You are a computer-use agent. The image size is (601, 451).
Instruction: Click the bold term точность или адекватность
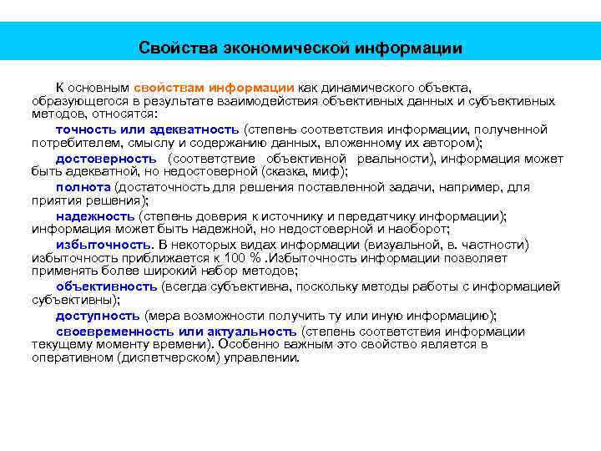(148, 129)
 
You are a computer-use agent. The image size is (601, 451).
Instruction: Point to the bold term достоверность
(106, 158)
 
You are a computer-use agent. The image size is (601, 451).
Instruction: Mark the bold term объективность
(106, 286)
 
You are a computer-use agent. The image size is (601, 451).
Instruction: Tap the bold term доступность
(98, 315)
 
